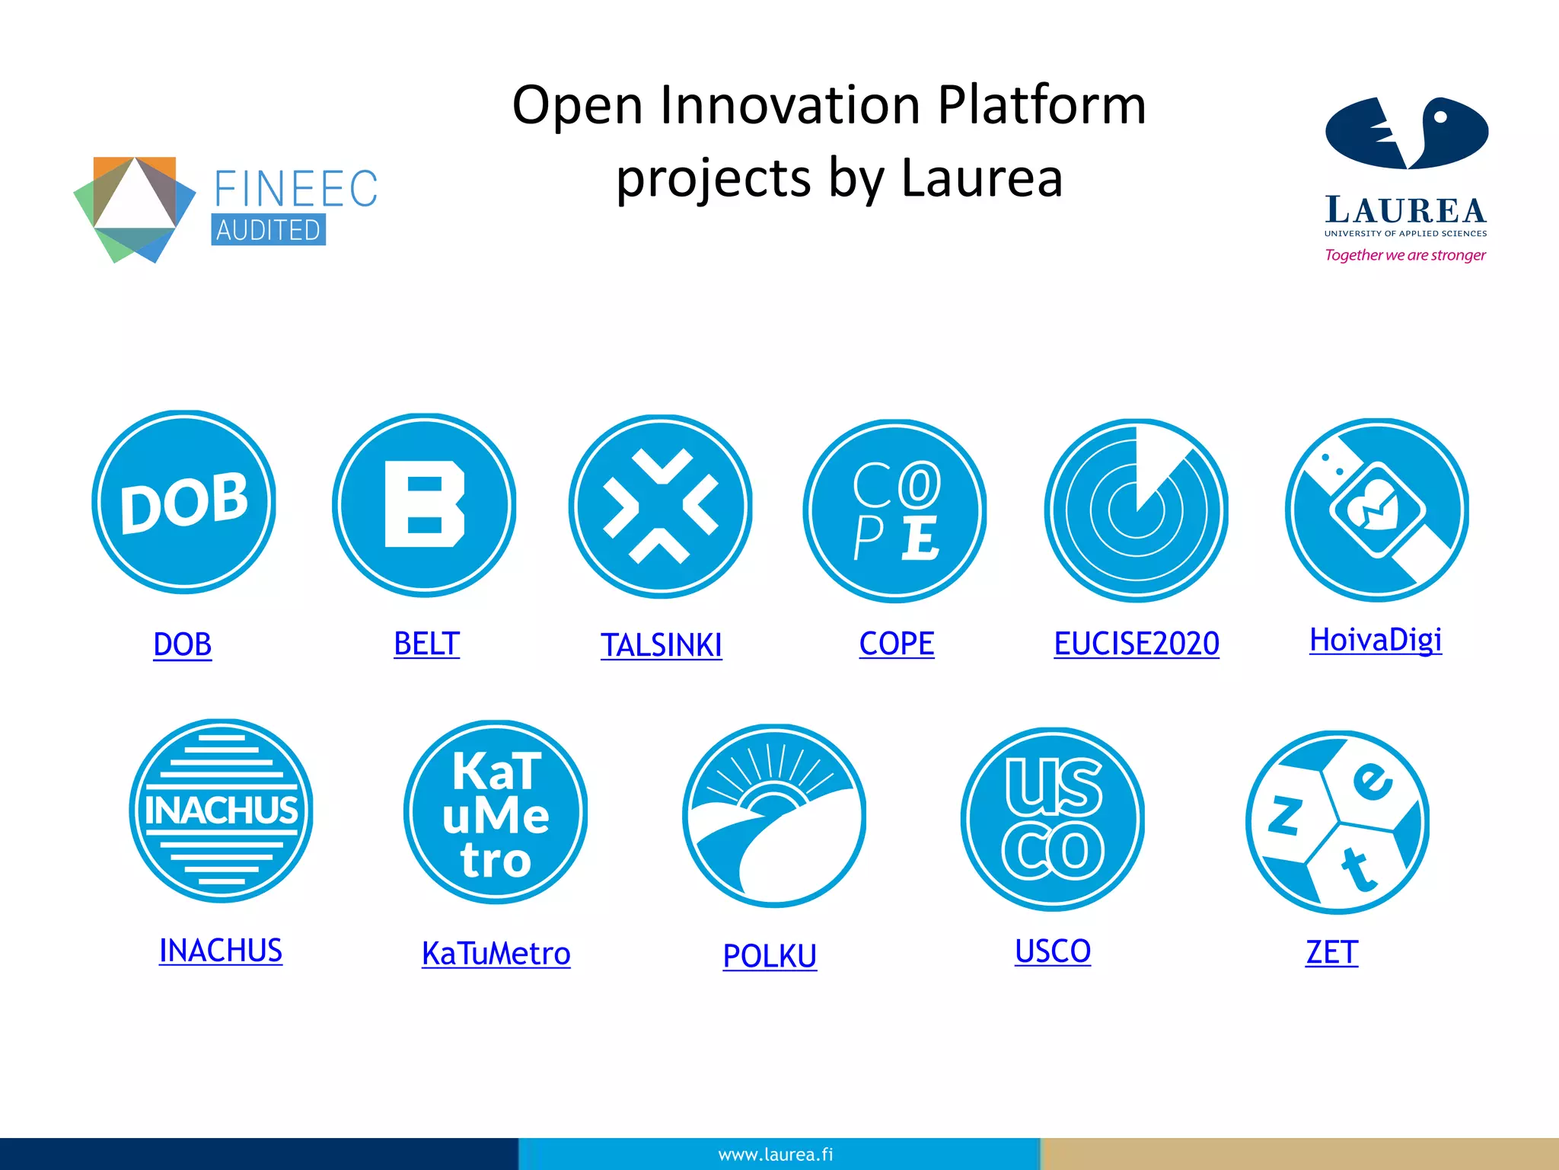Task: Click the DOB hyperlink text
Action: click(x=183, y=644)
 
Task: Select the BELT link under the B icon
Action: click(x=426, y=644)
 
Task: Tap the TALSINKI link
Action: click(x=661, y=645)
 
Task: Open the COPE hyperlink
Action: click(x=896, y=644)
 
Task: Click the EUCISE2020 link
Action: click(x=1137, y=644)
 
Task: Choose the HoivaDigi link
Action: click(x=1375, y=640)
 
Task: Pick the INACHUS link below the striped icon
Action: click(x=220, y=950)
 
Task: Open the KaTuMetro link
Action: click(x=496, y=954)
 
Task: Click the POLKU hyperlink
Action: click(x=770, y=956)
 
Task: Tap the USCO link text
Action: click(x=1053, y=951)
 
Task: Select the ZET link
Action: click(x=1331, y=952)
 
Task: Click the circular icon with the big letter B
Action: click(x=425, y=505)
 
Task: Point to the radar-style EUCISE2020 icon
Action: click(x=1136, y=510)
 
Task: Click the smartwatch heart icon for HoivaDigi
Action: click(x=1376, y=510)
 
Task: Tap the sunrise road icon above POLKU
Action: click(x=774, y=816)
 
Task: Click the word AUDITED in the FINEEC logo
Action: click(x=268, y=230)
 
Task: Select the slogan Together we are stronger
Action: click(x=1404, y=255)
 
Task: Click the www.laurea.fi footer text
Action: click(x=775, y=1155)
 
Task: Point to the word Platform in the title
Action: click(x=1041, y=105)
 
